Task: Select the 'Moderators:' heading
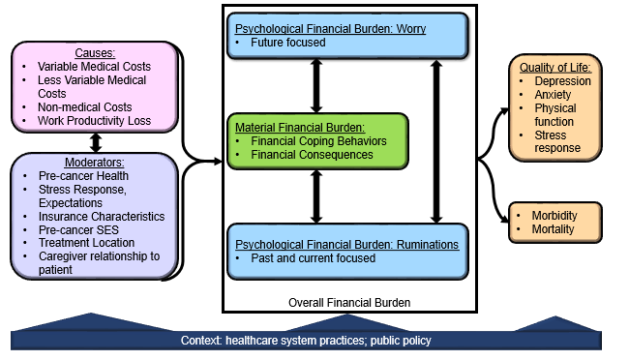[94, 163]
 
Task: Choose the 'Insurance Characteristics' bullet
[101, 217]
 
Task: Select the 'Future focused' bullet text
[289, 43]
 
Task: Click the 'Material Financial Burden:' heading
[296, 126]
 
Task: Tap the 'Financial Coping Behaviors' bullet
[318, 139]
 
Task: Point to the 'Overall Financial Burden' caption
[349, 303]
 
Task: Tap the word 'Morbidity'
[554, 215]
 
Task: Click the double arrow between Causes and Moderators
[95, 142]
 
